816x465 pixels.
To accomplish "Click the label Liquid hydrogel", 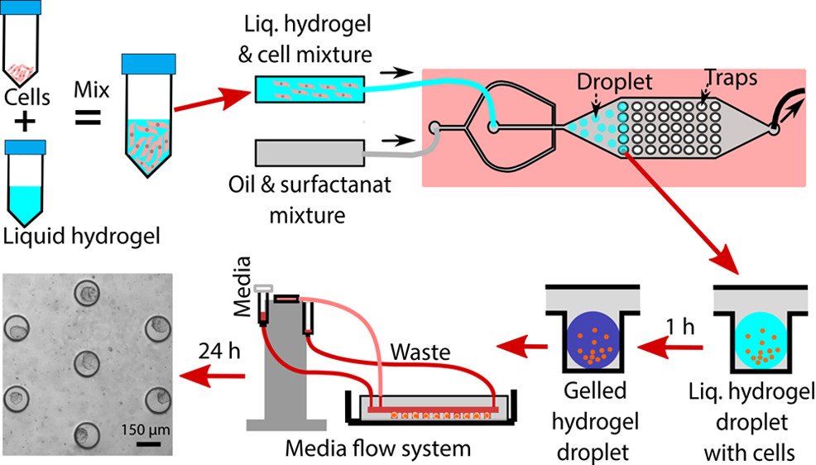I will [79, 237].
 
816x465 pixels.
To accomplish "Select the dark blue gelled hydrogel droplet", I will [589, 339].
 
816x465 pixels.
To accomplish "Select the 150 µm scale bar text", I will [149, 430].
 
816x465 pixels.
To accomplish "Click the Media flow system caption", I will [377, 449].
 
